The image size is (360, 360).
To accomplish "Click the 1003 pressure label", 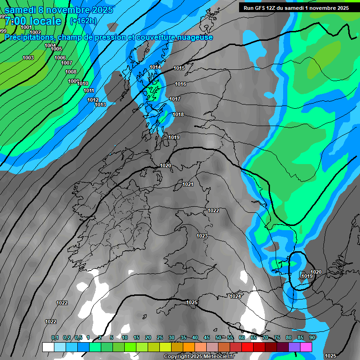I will point(28,58).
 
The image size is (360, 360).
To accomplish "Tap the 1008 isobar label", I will point(71,72).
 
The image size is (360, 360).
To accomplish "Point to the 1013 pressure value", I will point(100,105).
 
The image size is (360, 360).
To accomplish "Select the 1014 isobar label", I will point(155,67).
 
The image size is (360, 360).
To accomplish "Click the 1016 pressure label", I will point(180,84).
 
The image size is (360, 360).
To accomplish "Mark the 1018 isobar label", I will point(178,114).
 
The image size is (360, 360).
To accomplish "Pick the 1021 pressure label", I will point(188,184).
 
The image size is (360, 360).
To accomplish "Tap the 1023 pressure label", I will point(202,236).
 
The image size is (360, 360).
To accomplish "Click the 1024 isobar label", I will point(235,296).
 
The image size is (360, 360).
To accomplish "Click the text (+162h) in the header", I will point(83,21).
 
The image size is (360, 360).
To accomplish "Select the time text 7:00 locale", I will point(33,21).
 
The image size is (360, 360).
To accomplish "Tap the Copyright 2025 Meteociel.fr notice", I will point(199,357).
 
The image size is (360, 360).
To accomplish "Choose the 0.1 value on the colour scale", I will point(55,338).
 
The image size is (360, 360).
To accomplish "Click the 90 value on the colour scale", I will point(312,338).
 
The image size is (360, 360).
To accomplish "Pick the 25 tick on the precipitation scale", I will point(160,338).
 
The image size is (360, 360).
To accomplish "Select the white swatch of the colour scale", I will point(48,347).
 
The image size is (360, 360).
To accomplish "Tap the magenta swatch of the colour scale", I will point(306,347).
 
